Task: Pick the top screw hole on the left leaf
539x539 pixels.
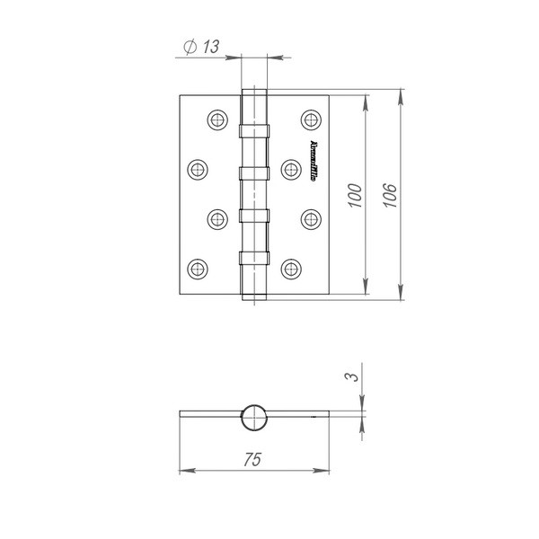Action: (x=216, y=119)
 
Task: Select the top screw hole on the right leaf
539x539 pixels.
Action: (x=311, y=119)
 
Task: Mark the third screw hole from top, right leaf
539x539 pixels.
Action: (x=311, y=217)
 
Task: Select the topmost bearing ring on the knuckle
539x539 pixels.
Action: (x=254, y=129)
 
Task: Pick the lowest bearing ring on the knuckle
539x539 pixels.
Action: (x=254, y=258)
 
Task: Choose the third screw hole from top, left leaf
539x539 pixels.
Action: (x=216, y=217)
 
